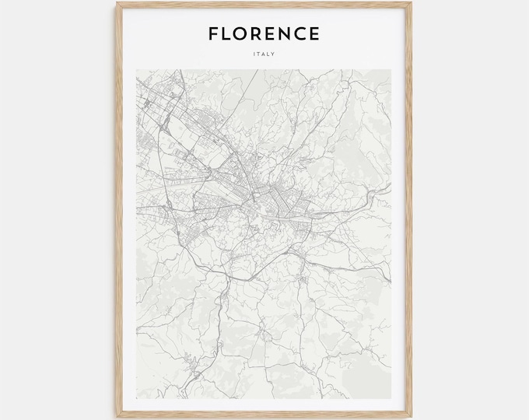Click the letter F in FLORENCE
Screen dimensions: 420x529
pyautogui.click(x=213, y=33)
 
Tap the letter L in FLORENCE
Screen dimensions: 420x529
pyautogui.click(x=228, y=33)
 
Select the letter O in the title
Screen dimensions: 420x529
pyautogui.click(x=243, y=33)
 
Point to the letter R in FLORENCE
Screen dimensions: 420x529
pyautogui.click(x=260, y=33)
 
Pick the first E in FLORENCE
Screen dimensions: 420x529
pyautogui.click(x=275, y=33)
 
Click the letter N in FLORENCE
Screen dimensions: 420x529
pyautogui.click(x=289, y=33)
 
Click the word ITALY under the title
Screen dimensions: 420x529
pyautogui.click(x=264, y=54)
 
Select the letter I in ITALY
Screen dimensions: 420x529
pyautogui.click(x=254, y=54)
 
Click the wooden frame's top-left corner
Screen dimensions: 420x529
pyautogui.click(x=117, y=2)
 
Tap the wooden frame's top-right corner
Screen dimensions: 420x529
pyautogui.click(x=412, y=2)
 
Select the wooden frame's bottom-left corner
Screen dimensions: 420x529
pyautogui.click(x=117, y=418)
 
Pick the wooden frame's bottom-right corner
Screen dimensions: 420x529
pyautogui.click(x=412, y=418)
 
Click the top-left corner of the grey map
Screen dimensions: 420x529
pyautogui.click(x=137, y=70)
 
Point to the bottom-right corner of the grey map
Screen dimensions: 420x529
pyautogui.click(x=391, y=397)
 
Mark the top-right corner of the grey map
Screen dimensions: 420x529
pyautogui.click(x=391, y=70)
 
